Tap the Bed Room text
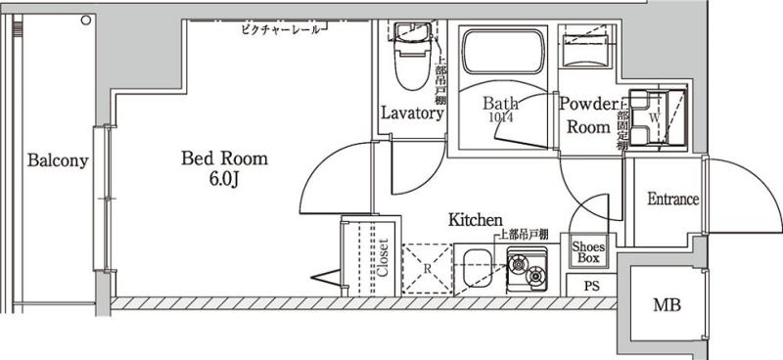coord(223,158)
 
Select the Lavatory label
coord(412,113)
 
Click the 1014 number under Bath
coord(499,117)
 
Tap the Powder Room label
coord(589,114)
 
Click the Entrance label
coord(672,200)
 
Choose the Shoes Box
coord(587,252)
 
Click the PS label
coord(591,287)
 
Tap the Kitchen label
coord(476,220)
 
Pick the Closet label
coord(383,259)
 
